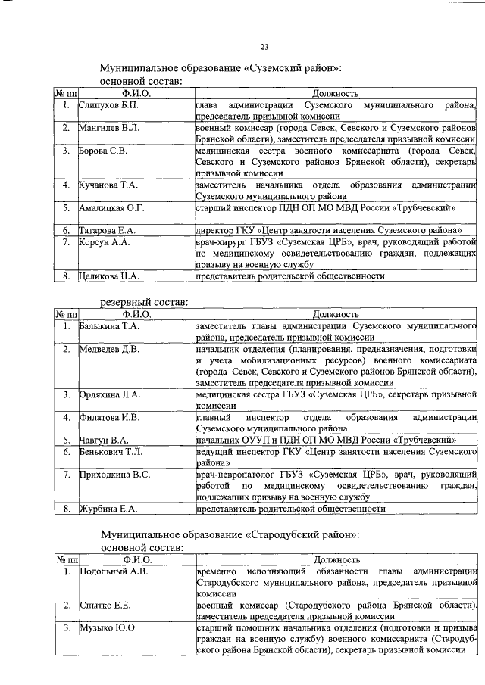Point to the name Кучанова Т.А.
(109, 185)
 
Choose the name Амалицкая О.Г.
(112, 207)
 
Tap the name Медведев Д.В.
(109, 349)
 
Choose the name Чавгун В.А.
(105, 440)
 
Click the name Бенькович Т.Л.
(111, 451)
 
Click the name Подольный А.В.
(114, 571)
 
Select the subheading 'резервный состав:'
(145, 302)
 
